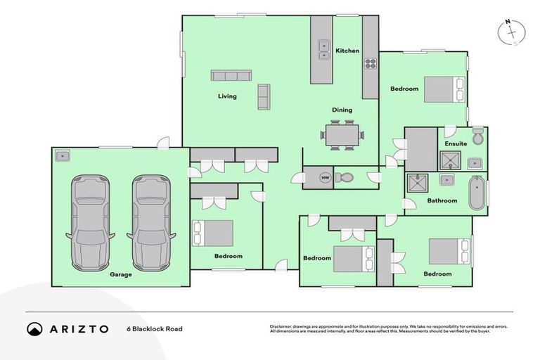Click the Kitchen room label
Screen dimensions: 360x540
347,51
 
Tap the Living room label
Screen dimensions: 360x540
227,96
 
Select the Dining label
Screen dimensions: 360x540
342,110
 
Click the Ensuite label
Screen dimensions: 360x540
456,144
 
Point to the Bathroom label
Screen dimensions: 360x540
442,201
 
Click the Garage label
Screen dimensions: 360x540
120,274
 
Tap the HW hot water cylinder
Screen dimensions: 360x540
325,178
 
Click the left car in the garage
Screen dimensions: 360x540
89,221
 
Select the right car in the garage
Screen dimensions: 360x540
150,221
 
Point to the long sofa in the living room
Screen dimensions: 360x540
231,76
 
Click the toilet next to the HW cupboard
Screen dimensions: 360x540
345,178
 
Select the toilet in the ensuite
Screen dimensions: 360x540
478,136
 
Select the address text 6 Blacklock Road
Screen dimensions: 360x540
154,328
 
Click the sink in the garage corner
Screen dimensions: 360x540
62,155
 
